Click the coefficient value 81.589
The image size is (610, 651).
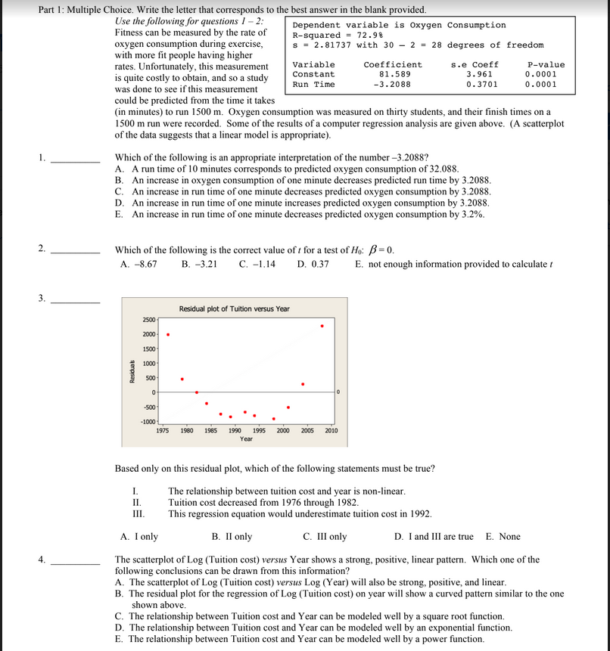point(394,74)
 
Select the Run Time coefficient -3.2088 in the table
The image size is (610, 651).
point(393,85)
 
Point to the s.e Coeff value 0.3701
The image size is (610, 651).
point(482,85)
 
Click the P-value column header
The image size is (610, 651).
point(546,64)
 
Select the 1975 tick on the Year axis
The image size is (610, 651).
point(162,430)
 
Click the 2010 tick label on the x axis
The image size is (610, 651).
point(331,430)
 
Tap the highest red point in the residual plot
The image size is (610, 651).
point(322,326)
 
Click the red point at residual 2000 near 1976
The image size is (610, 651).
point(167,335)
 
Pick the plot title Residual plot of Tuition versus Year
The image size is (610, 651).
point(234,308)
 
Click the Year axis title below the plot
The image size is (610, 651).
point(246,439)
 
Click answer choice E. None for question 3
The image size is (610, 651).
point(503,536)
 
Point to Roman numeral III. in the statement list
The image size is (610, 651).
point(138,514)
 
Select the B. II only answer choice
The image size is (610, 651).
point(232,536)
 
